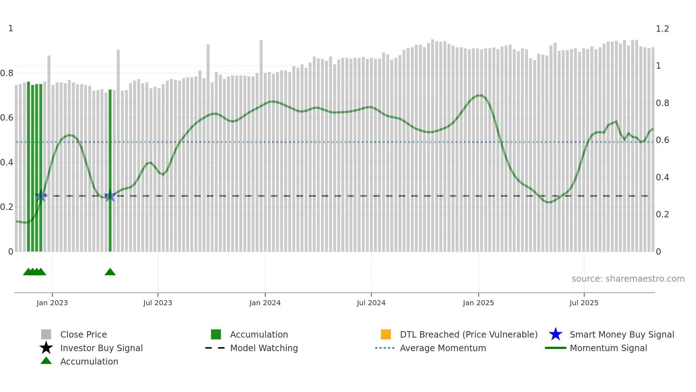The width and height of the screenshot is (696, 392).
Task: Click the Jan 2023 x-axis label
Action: (x=52, y=303)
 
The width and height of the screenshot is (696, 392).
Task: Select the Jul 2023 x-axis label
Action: (x=158, y=303)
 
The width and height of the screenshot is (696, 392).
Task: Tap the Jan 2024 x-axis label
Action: (x=265, y=303)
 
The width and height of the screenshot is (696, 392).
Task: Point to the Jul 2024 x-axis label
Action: (x=371, y=303)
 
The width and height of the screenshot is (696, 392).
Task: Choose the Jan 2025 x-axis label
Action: (x=478, y=303)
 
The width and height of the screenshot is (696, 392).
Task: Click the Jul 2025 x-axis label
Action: (x=584, y=303)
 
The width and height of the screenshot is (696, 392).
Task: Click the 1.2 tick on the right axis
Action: (x=662, y=29)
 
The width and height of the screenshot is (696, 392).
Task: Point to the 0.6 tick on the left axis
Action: (x=7, y=118)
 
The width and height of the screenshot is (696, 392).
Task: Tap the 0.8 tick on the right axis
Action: (x=662, y=103)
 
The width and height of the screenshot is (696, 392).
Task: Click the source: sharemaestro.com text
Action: (x=628, y=279)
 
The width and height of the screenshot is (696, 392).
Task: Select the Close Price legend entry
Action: (x=83, y=334)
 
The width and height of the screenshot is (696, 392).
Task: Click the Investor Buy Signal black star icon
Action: (x=46, y=348)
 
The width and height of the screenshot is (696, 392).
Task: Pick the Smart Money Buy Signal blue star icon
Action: (x=555, y=334)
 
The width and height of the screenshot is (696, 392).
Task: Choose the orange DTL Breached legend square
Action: (x=386, y=334)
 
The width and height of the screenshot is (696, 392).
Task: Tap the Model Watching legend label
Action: (x=264, y=348)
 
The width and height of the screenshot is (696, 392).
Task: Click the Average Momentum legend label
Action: (x=443, y=348)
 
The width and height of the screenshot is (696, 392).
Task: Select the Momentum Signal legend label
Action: (x=608, y=348)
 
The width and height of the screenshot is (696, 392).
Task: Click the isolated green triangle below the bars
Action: (x=110, y=272)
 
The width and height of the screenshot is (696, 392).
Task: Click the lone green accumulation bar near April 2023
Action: (x=110, y=171)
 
